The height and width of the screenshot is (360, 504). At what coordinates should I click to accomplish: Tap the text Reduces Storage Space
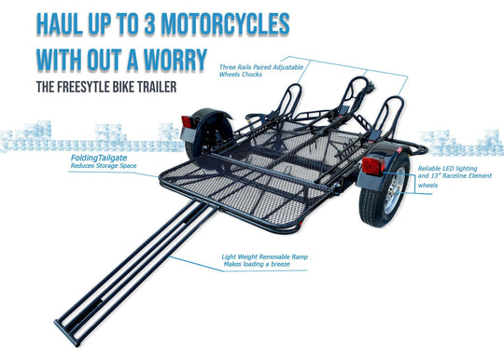[104, 168]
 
